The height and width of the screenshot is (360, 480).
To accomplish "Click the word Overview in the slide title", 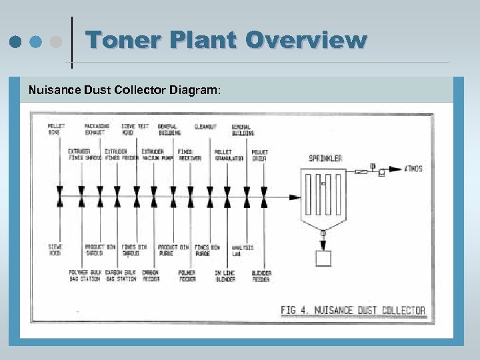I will (306, 40).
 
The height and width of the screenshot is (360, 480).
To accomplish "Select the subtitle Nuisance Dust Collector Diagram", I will (123, 89).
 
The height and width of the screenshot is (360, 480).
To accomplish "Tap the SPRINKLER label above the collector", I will (325, 158).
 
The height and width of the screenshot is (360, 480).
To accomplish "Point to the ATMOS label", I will (413, 169).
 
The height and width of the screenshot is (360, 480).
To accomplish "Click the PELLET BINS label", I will (56, 129).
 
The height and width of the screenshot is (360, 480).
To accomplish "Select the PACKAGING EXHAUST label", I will (97, 129).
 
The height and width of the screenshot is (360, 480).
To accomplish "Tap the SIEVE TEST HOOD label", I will (135, 129).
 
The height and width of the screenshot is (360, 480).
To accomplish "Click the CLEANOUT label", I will (205, 127).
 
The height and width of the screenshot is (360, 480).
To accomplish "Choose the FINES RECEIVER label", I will (189, 155).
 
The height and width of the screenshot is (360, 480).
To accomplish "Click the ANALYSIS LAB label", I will (242, 250).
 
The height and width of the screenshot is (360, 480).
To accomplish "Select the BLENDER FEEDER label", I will (261, 275).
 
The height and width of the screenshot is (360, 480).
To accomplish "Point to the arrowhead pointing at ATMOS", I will (399, 169).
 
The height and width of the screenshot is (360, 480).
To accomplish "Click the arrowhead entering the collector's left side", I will (295, 197).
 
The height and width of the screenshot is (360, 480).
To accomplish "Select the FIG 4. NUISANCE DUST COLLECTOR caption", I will (353, 310).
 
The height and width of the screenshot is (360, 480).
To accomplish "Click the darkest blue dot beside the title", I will (14, 41).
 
